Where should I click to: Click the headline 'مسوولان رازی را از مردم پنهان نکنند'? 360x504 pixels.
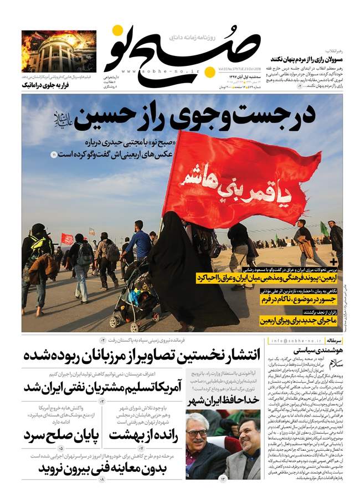click(310, 58)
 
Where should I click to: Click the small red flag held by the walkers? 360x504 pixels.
click(67, 239)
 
